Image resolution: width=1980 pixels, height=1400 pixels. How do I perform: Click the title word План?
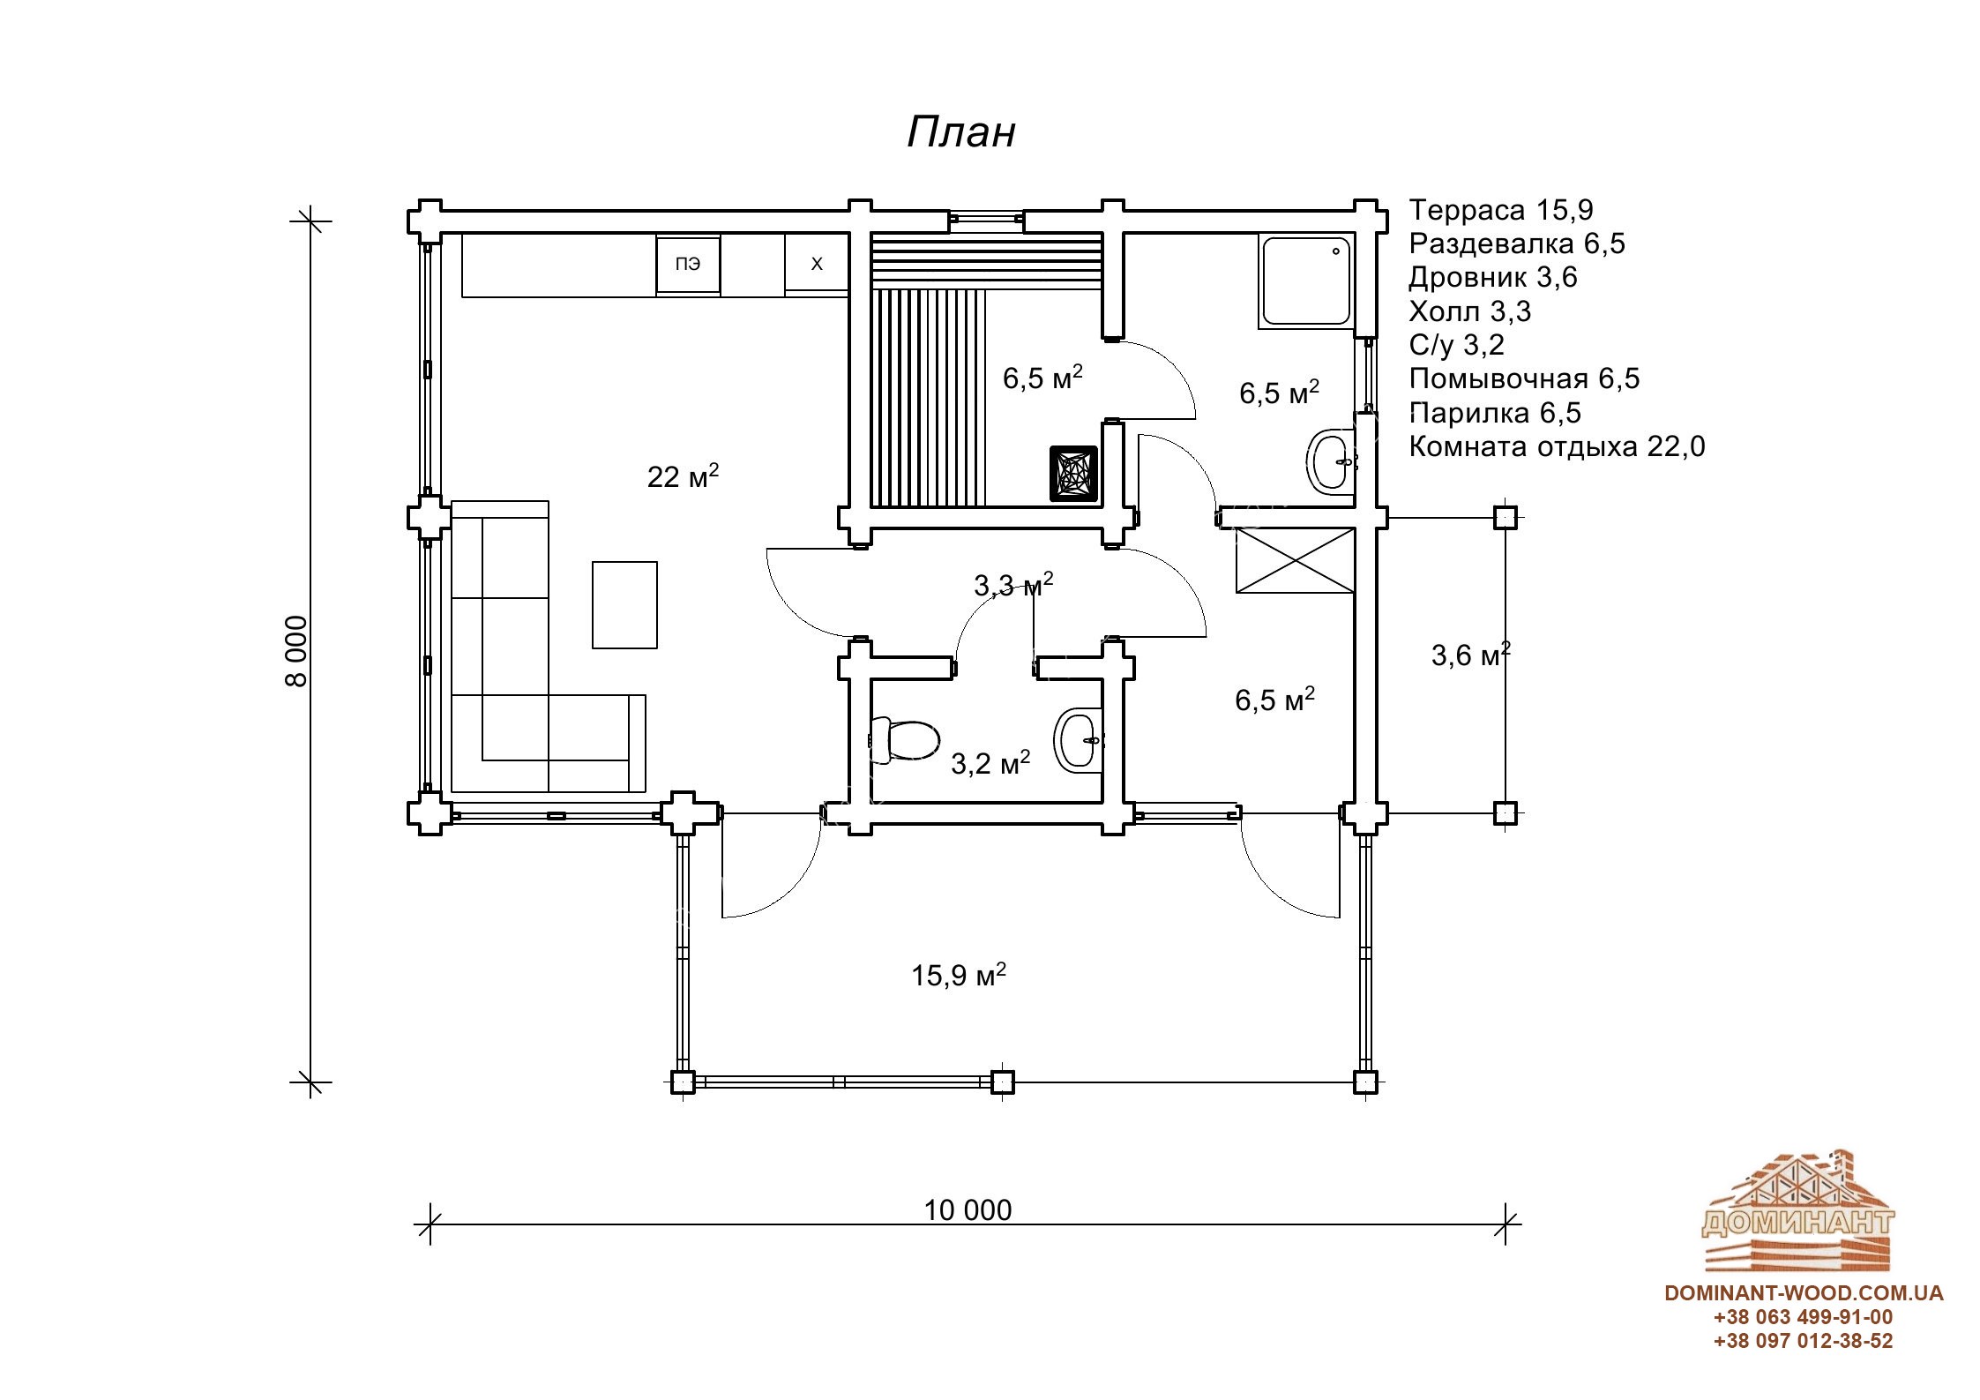[961, 132]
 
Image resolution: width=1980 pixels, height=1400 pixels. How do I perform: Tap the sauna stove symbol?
[1073, 474]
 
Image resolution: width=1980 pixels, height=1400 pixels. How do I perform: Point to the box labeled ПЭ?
[688, 264]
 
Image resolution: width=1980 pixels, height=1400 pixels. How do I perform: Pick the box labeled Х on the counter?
[817, 264]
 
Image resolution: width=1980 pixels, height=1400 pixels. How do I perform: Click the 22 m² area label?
[683, 475]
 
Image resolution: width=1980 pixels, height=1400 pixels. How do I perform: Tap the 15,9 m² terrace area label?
[959, 975]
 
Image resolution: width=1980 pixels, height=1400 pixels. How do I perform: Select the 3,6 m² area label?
[1471, 655]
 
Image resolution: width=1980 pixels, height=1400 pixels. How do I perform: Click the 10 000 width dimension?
[968, 1209]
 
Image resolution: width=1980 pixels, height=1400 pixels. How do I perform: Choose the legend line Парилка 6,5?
[1495, 413]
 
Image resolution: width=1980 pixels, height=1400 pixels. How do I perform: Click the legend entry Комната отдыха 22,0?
[1557, 446]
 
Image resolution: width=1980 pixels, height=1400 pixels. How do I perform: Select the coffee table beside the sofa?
[624, 604]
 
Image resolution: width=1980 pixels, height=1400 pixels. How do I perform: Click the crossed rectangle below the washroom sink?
[1295, 560]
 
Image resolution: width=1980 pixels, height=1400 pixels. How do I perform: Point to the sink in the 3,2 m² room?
[1079, 739]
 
